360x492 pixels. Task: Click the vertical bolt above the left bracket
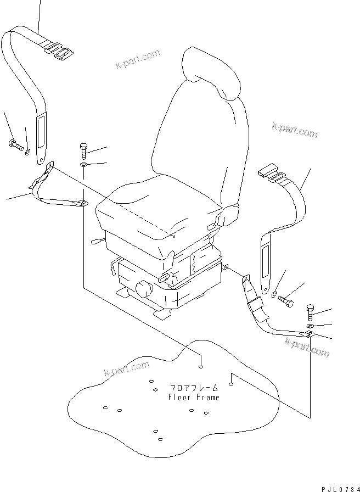point(83,150)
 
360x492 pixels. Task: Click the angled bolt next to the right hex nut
point(286,301)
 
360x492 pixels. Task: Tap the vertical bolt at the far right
point(310,312)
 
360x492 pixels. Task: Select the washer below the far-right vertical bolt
point(310,326)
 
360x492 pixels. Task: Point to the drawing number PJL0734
point(338,486)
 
